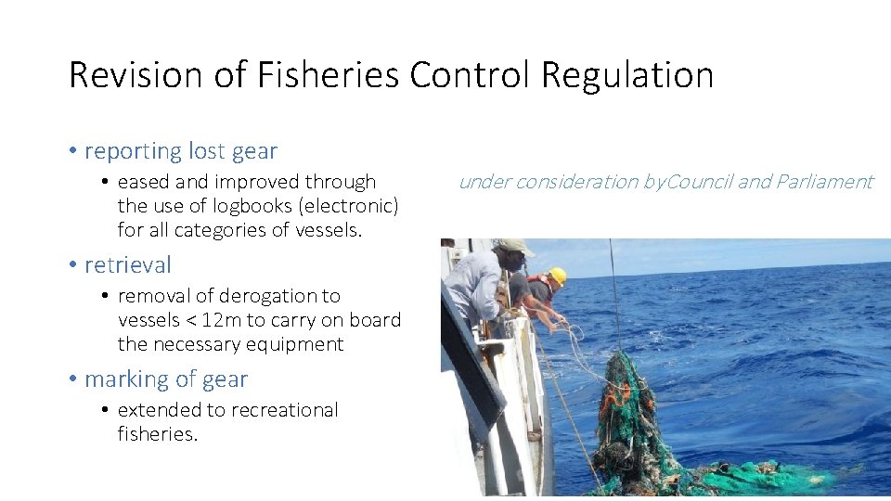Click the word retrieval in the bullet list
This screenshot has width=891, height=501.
point(128,264)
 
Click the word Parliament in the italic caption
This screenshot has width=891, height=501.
point(825,182)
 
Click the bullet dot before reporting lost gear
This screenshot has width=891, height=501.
point(72,151)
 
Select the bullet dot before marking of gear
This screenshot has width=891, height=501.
point(72,379)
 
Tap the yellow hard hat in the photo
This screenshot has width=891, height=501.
point(557,276)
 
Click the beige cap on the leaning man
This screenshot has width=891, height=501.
point(515,247)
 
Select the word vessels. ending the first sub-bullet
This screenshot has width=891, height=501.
point(330,229)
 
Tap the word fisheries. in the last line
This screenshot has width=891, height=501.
point(158,433)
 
